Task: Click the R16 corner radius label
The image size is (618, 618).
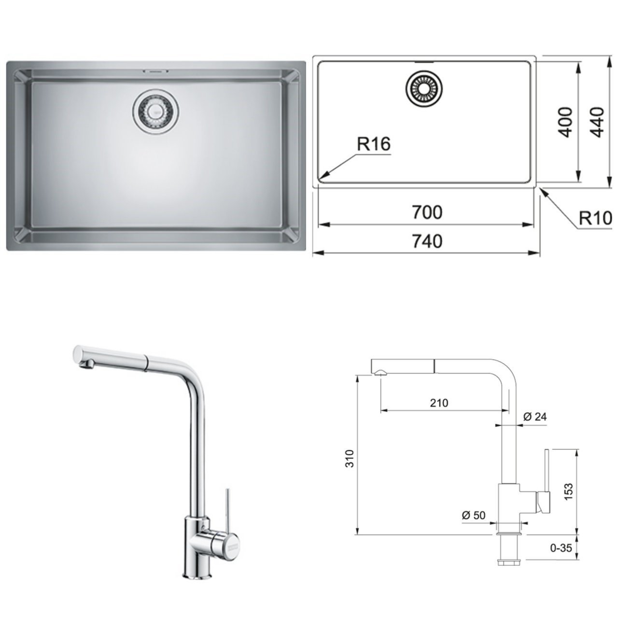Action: click(373, 144)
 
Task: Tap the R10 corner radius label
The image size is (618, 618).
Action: click(595, 218)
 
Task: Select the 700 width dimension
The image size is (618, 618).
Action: click(427, 212)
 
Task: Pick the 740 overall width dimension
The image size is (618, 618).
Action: click(427, 240)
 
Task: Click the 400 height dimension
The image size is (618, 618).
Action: click(565, 122)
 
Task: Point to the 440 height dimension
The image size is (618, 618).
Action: click(597, 122)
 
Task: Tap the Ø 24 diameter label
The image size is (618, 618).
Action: click(535, 417)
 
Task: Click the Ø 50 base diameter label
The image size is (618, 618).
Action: click(473, 515)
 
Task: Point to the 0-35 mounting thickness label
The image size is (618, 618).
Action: click(561, 548)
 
